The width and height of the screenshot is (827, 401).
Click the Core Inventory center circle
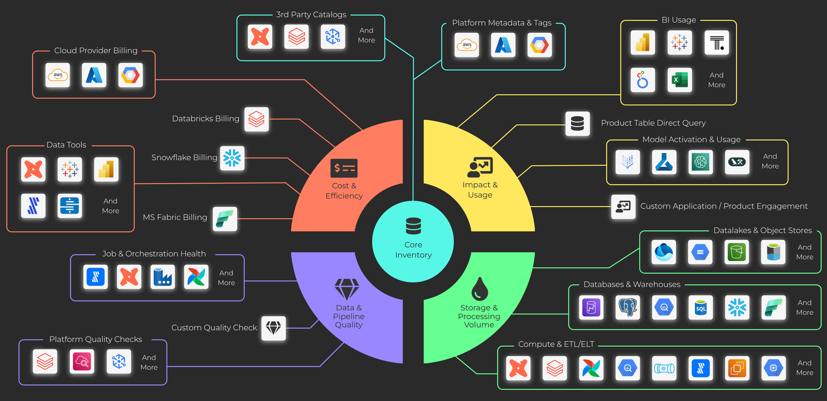tap(413, 241)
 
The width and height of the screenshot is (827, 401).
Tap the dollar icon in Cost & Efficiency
tap(344, 168)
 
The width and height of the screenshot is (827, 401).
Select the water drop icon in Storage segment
tap(479, 289)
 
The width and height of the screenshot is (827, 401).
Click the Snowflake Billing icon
tap(232, 158)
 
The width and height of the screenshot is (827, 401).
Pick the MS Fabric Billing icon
tap(225, 219)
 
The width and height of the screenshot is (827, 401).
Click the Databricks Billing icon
tap(257, 119)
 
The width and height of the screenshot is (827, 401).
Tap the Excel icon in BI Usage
tap(679, 80)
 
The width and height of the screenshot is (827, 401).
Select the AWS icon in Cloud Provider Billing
tap(58, 75)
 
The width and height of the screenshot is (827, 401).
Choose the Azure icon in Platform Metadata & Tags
tap(503, 45)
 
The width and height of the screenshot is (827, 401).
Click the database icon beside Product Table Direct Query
tap(578, 124)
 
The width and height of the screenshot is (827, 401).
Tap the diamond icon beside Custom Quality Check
tap(274, 328)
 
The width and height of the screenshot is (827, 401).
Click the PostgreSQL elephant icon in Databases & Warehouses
tap(628, 307)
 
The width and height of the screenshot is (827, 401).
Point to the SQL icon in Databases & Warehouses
tap(701, 307)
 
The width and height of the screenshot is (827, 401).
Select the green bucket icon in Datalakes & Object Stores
tap(737, 252)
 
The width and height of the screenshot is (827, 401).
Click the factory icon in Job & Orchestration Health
tap(162, 277)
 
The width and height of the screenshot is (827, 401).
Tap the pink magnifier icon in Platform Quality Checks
tap(82, 362)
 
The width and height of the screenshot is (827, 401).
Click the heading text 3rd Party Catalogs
tap(311, 15)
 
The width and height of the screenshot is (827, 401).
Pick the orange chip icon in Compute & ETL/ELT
tap(737, 368)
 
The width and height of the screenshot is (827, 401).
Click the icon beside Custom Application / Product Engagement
tap(623, 207)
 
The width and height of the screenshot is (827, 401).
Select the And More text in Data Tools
tap(110, 206)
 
